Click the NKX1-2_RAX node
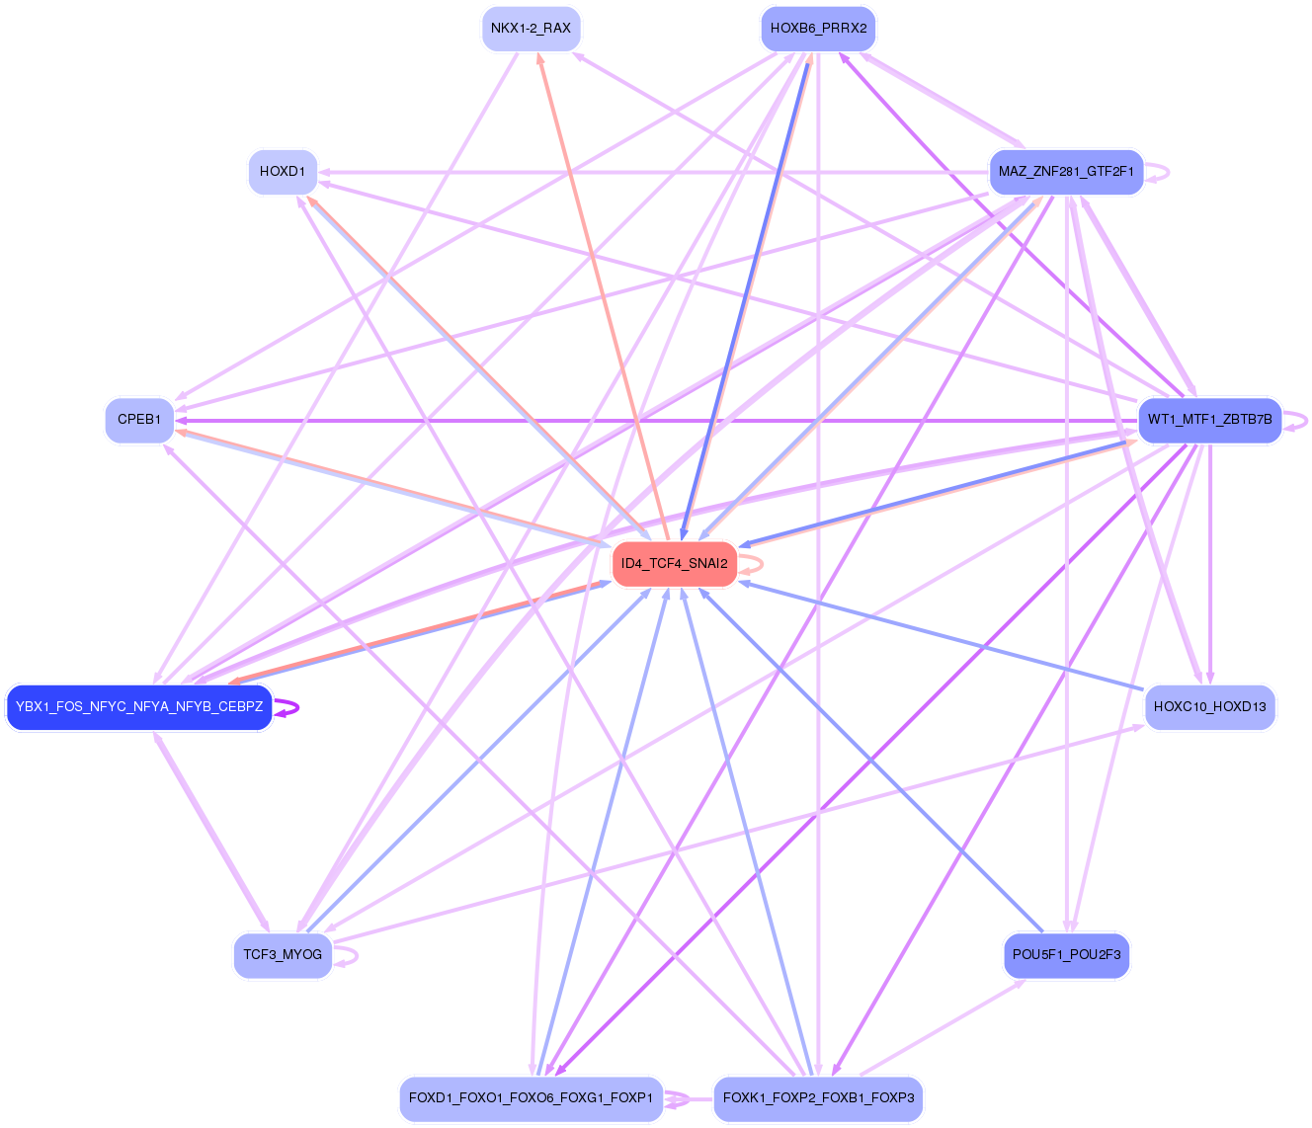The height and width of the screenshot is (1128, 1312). click(x=532, y=29)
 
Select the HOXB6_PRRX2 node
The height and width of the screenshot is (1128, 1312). click(x=818, y=29)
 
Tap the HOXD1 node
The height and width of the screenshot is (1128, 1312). click(x=283, y=172)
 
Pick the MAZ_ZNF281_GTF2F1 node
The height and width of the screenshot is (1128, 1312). click(x=1066, y=172)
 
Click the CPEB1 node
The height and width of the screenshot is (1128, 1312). click(x=139, y=420)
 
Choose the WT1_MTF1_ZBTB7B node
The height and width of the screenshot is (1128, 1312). click(x=1209, y=420)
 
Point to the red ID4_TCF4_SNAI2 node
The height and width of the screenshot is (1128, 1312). click(x=675, y=564)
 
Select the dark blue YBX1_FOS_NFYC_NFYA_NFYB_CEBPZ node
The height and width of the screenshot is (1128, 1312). click(x=139, y=707)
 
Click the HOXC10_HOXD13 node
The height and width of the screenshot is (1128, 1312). click(x=1209, y=707)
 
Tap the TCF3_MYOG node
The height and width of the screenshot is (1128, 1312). click(x=283, y=955)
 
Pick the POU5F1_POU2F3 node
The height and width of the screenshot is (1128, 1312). click(x=1066, y=955)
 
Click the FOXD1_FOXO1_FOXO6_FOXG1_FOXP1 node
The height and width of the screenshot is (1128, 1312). click(x=532, y=1098)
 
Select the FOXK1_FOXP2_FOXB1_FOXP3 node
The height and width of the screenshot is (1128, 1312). click(x=818, y=1098)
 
